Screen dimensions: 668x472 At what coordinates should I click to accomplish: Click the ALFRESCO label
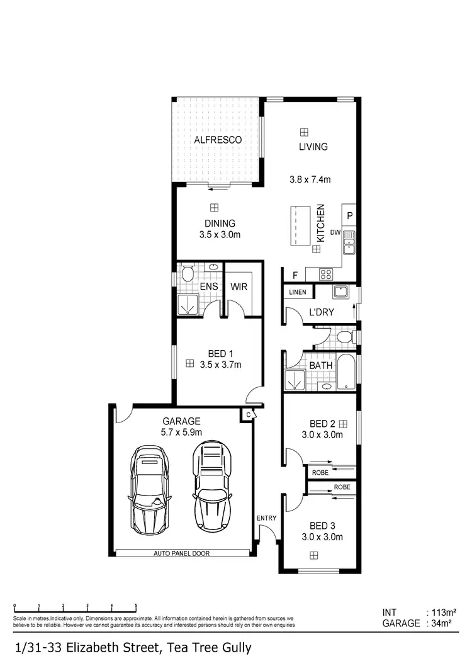pyautogui.click(x=218, y=140)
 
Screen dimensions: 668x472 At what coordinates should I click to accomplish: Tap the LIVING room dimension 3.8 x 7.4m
pyautogui.click(x=313, y=179)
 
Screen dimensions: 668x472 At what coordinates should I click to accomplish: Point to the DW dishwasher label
pyautogui.click(x=335, y=233)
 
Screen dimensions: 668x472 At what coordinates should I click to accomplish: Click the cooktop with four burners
pyautogui.click(x=327, y=274)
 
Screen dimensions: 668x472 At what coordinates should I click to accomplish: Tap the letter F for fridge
pyautogui.click(x=294, y=275)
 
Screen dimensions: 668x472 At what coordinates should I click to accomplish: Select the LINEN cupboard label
pyautogui.click(x=297, y=293)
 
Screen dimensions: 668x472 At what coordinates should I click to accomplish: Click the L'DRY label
pyautogui.click(x=321, y=312)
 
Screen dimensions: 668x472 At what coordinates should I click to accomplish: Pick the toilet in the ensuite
pyautogui.click(x=188, y=273)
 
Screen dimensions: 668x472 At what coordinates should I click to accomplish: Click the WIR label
pyautogui.click(x=239, y=287)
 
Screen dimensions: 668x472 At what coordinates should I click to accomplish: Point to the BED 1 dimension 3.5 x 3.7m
pyautogui.click(x=220, y=364)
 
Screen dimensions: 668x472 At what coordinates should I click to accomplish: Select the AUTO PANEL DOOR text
pyautogui.click(x=181, y=553)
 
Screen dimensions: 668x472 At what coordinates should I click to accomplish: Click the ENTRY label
pyautogui.click(x=266, y=518)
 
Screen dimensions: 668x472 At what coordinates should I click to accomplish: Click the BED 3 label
pyautogui.click(x=321, y=525)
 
